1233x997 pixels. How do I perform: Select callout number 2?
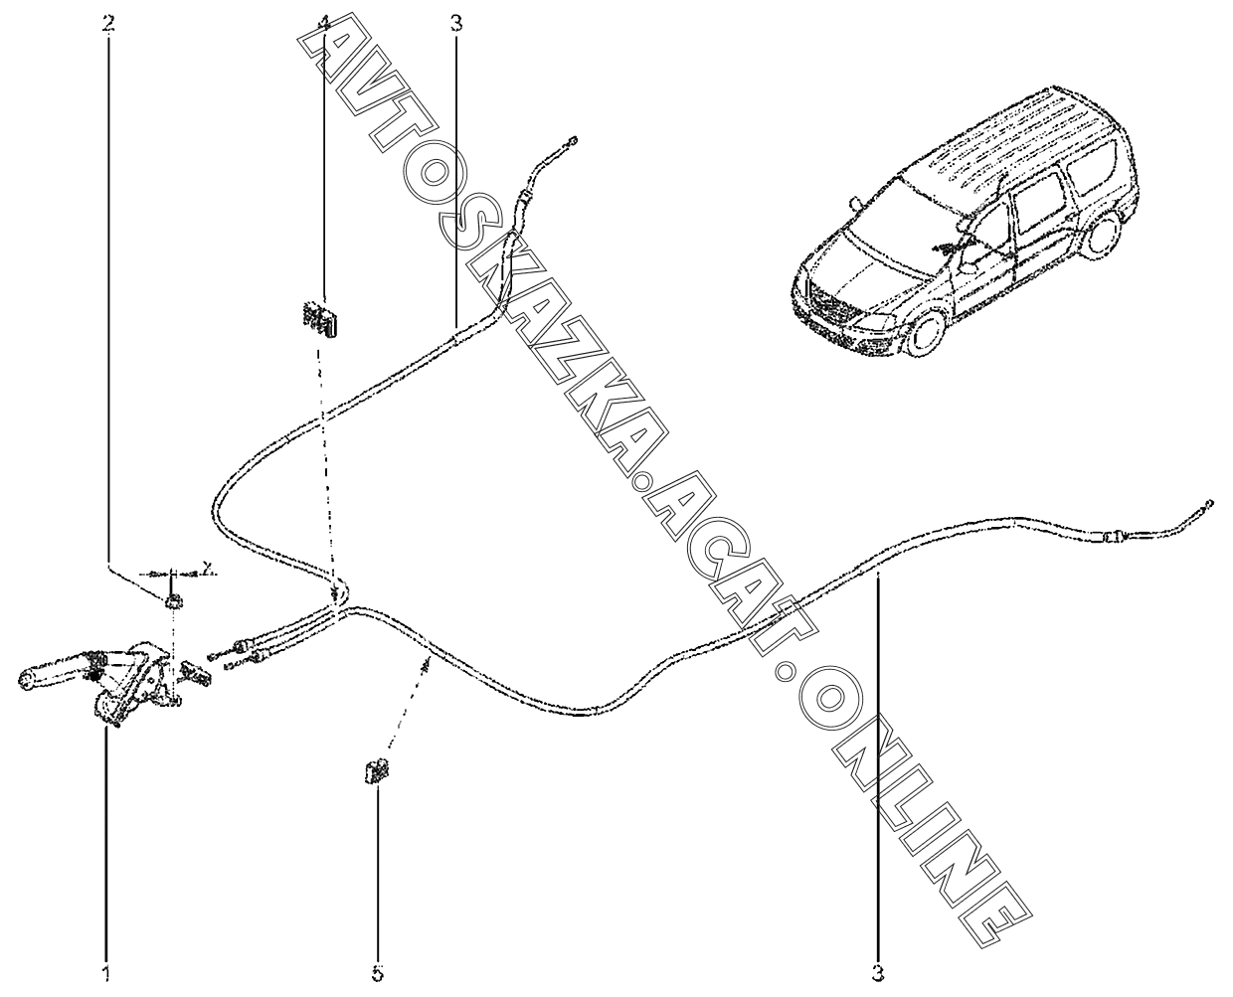[108, 22]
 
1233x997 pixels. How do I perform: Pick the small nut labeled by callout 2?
[173, 599]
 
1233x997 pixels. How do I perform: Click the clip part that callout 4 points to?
[320, 317]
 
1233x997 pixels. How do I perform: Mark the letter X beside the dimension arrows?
[207, 568]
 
